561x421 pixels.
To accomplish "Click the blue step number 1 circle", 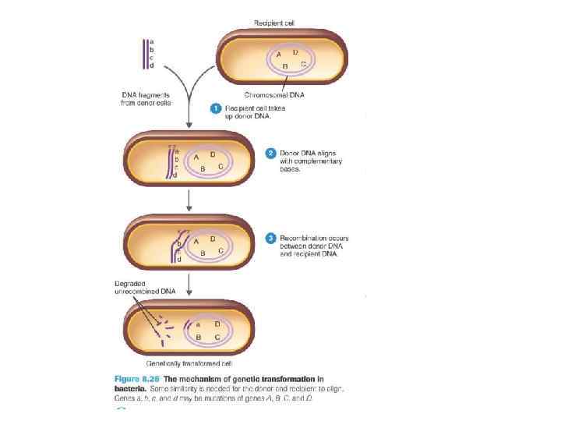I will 217,108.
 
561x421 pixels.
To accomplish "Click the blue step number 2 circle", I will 270,152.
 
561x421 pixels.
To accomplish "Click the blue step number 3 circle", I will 270,236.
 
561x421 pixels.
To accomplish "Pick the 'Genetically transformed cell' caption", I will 189,363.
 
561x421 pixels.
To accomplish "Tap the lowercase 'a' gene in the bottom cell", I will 198,323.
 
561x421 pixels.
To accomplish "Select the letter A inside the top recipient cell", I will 279,55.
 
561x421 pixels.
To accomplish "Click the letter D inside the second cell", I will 213,154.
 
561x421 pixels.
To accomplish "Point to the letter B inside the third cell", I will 203,252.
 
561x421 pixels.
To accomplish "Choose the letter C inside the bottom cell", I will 217,336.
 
